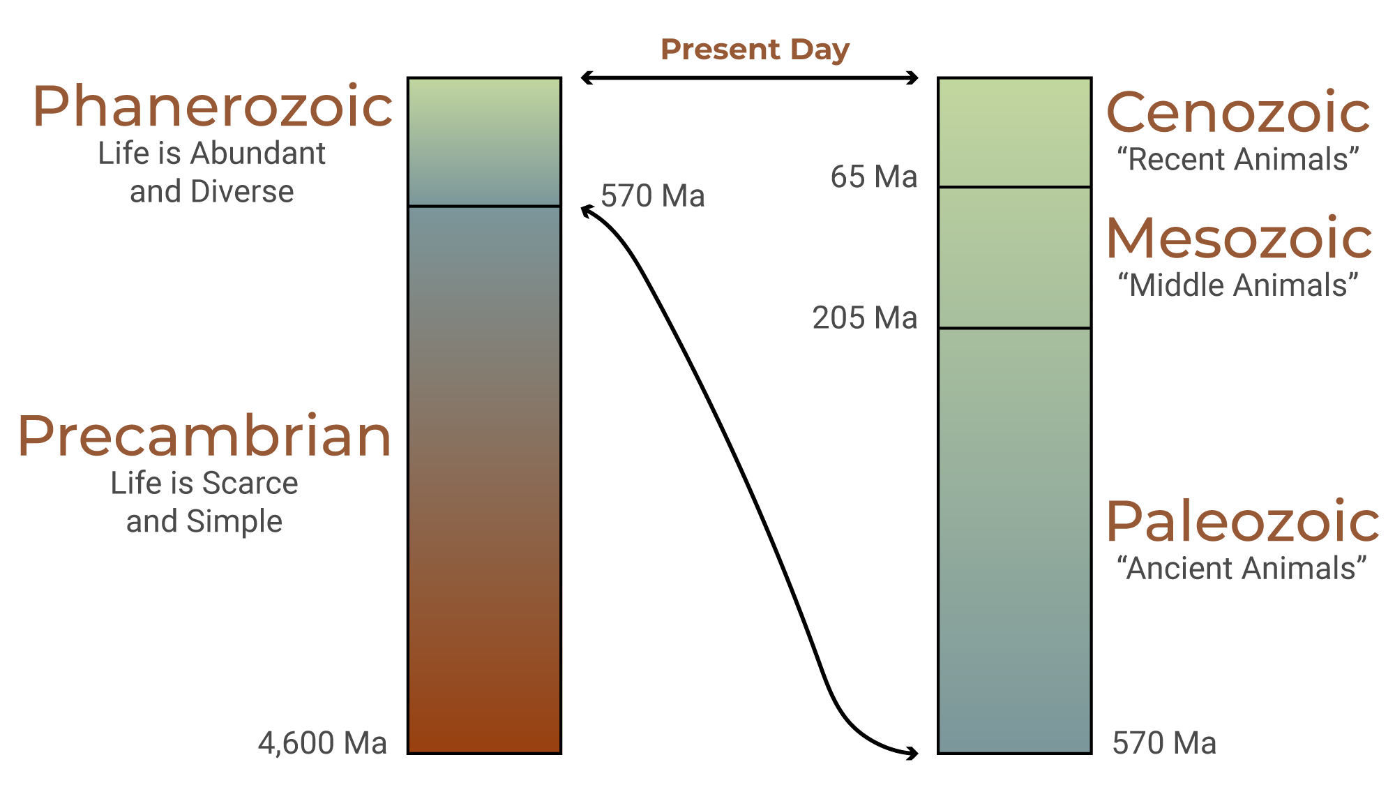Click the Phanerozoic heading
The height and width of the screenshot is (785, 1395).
pos(213,107)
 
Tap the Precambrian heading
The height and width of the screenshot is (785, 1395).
pos(204,436)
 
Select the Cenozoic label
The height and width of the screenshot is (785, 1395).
pos(1238,112)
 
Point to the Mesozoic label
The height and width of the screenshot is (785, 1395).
pos(1239,239)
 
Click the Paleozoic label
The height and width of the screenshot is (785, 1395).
pos(1243,521)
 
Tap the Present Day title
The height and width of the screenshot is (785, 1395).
pos(755,50)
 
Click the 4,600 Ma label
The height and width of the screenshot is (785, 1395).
pos(322,743)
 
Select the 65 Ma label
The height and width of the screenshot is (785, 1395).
pos(873,177)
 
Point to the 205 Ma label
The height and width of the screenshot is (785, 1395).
pos(865,318)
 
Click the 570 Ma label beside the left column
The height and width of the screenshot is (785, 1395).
pos(652,196)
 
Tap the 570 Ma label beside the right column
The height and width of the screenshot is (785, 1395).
pos(1164,743)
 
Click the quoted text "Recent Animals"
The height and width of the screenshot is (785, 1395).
pos(1238,160)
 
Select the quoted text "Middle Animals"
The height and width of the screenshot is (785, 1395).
pos(1238,285)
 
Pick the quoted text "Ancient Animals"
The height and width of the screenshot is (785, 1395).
pos(1242,569)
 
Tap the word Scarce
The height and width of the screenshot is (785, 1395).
pos(250,484)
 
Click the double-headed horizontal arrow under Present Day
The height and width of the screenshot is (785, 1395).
pos(750,77)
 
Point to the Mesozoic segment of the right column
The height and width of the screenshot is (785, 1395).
pos(1014,257)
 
